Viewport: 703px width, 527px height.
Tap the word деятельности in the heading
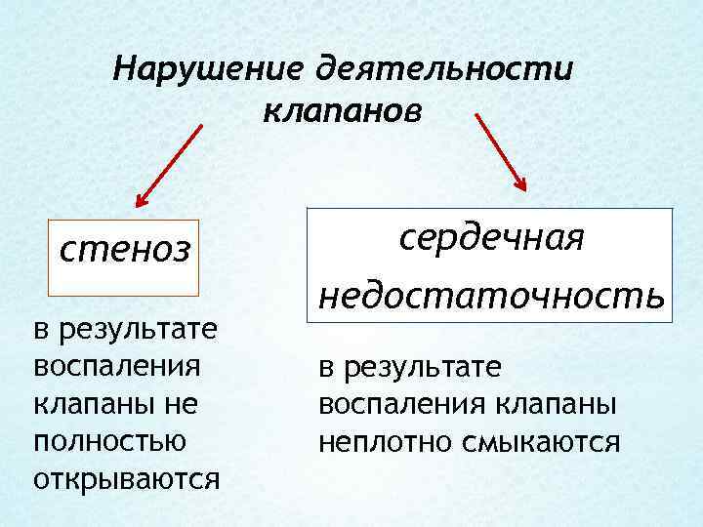click(444, 70)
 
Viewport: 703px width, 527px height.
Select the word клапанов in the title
click(343, 110)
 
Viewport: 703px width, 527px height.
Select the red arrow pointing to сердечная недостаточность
click(500, 150)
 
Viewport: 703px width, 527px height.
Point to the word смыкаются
click(540, 442)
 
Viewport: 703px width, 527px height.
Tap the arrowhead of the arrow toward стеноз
click(141, 203)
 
